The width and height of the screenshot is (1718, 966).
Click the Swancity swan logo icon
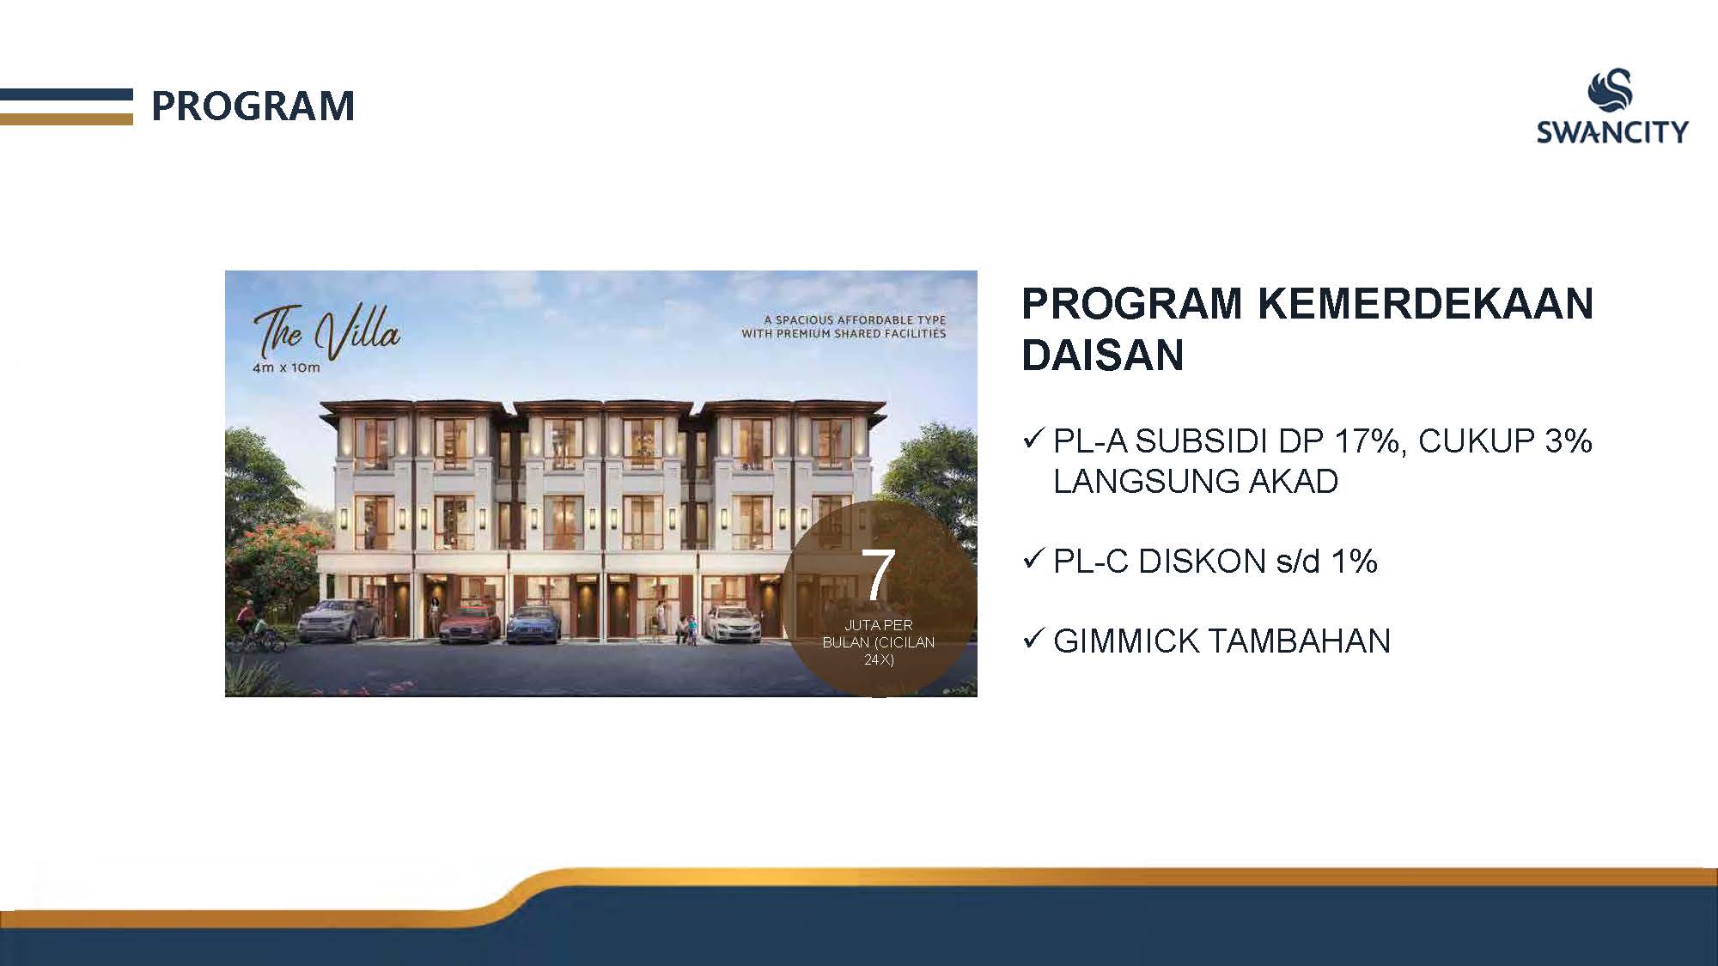point(1611,92)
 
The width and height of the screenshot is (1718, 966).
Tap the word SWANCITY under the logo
point(1612,131)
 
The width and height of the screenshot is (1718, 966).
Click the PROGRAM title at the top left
point(253,106)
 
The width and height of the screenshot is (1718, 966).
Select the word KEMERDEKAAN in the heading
point(1427,303)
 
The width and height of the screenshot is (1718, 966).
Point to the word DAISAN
point(1103,355)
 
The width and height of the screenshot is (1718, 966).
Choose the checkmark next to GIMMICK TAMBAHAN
point(1033,639)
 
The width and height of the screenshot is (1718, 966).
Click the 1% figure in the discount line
point(1354,562)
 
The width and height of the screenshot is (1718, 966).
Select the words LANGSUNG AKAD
point(1196,482)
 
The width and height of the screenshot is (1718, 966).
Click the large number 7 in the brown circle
point(878,574)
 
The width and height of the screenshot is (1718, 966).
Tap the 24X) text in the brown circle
point(879,659)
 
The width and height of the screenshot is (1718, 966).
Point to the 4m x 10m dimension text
point(286,368)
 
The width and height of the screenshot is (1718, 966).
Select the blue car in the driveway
point(533,624)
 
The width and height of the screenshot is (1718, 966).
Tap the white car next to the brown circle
point(733,623)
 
